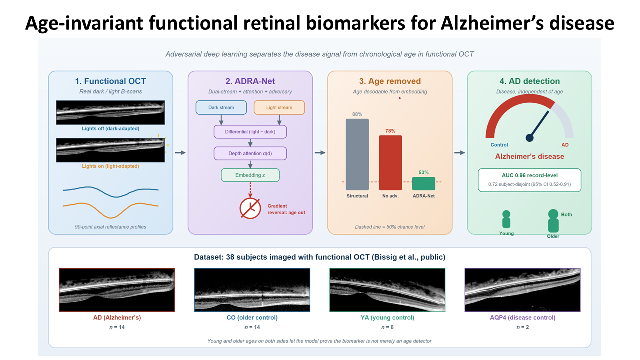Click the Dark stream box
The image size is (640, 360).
pos(221,107)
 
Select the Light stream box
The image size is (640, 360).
pos(279,107)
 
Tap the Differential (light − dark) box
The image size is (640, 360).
pos(250,132)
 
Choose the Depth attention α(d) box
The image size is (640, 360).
pos(250,153)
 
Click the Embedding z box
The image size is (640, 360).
pos(250,175)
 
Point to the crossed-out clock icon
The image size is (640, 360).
pos(250,208)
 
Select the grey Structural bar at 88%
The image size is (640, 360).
pos(357,154)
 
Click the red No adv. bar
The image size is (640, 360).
pos(390,163)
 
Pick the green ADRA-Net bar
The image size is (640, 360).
pos(423,183)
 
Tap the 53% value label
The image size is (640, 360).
pos(423,172)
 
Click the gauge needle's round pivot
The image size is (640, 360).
pos(529,138)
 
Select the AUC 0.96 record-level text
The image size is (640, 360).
pos(529,175)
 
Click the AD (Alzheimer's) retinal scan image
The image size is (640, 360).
pos(117,290)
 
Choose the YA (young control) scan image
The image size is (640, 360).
pos(387,290)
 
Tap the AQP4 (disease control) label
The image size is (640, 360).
pos(523,317)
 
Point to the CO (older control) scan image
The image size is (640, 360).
pos(252,290)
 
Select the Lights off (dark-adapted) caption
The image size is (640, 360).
pos(111,129)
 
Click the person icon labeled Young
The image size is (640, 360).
pos(506,219)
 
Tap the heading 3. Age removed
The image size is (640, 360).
pos(390,81)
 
